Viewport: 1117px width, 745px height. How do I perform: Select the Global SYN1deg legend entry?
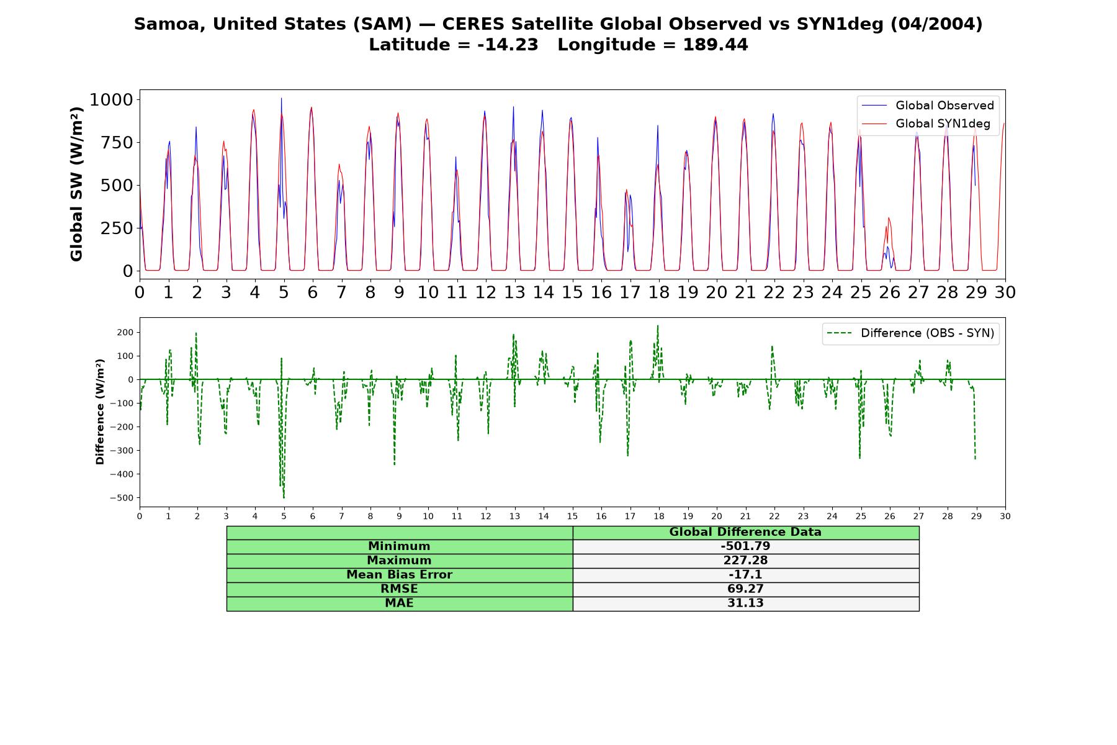[926, 124]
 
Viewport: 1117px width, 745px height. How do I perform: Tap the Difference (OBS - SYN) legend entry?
[911, 333]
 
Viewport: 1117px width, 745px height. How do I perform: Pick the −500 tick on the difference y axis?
[122, 498]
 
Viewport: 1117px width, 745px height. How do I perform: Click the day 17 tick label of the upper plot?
[630, 292]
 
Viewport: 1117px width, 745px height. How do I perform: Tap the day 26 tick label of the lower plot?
[889, 517]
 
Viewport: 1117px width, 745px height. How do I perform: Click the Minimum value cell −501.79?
[745, 546]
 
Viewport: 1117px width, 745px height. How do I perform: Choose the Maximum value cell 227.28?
[745, 561]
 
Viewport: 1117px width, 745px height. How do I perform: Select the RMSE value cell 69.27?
[745, 589]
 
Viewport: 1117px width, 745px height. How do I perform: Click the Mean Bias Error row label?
[399, 575]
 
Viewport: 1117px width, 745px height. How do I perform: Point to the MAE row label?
[399, 603]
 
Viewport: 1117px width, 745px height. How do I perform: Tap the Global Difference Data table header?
[745, 532]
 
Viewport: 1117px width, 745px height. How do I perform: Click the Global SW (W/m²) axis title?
[76, 184]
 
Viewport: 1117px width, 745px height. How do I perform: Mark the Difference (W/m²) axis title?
[100, 412]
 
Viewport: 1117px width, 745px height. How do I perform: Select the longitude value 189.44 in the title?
[716, 45]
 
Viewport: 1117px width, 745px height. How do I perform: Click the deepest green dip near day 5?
[284, 497]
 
